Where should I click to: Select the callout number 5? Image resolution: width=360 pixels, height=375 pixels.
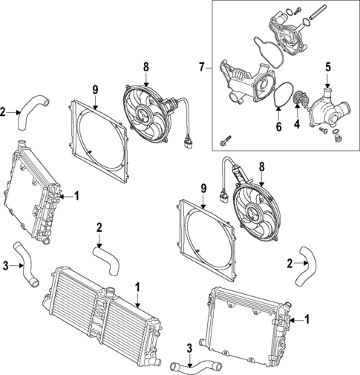[327, 67]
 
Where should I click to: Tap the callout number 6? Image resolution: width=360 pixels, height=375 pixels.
[279, 126]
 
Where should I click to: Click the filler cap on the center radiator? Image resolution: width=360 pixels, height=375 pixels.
[111, 290]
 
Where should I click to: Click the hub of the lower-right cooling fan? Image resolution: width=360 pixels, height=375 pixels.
[255, 210]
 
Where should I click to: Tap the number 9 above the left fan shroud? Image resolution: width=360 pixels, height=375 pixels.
[95, 90]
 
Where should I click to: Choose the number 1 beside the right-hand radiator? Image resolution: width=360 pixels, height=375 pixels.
[307, 319]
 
